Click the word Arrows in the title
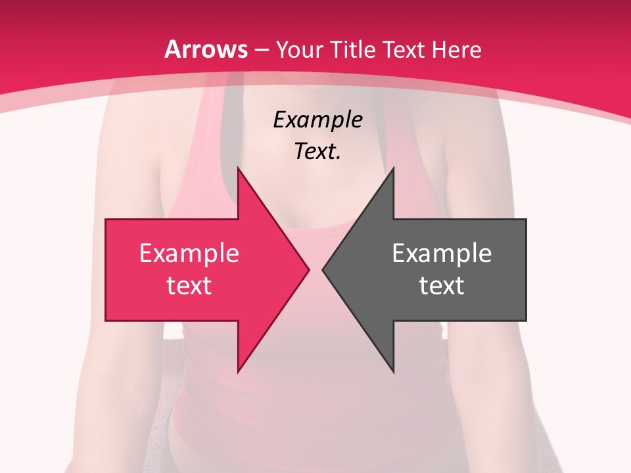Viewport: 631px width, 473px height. click(x=206, y=49)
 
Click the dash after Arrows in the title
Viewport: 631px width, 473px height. click(x=261, y=51)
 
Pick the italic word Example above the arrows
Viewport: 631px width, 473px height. click(x=317, y=120)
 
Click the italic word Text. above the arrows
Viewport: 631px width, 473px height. click(x=317, y=151)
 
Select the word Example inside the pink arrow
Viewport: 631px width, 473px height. click(x=189, y=253)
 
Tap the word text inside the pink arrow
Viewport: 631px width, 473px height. click(x=189, y=285)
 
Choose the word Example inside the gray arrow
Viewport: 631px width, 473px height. click(x=442, y=253)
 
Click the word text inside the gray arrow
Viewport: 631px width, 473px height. click(x=442, y=285)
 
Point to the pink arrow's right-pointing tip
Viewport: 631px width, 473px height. click(x=308, y=269)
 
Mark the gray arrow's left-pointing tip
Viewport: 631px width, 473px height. click(x=323, y=269)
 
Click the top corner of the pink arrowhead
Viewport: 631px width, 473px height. click(x=238, y=168)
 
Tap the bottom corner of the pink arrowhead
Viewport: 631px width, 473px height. click(x=238, y=372)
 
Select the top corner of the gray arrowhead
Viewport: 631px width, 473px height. click(x=393, y=168)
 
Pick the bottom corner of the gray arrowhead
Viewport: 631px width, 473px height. click(x=393, y=372)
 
